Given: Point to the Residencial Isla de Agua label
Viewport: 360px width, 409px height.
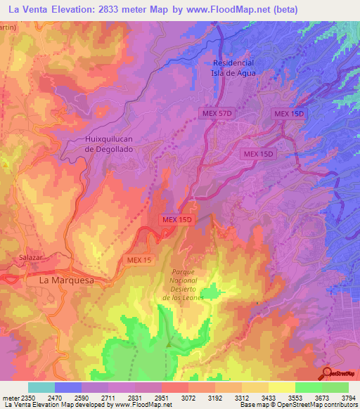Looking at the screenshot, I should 233,67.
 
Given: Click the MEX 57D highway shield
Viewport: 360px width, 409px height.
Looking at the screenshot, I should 217,114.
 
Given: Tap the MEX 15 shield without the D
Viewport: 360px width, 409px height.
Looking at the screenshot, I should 139,260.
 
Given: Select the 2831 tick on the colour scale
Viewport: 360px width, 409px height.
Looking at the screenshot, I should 134,397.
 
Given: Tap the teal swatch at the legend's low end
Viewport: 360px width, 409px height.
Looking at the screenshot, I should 41,387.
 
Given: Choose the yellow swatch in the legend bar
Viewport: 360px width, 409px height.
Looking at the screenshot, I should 282,387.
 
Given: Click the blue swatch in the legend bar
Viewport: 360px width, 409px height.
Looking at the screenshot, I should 68,387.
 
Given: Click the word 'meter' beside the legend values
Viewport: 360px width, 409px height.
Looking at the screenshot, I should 10,397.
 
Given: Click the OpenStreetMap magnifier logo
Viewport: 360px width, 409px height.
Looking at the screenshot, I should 326,372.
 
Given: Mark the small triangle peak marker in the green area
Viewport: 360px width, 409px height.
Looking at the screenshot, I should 169,344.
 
